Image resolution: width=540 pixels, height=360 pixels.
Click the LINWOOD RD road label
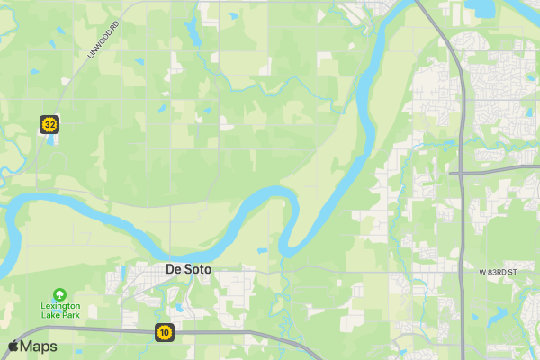[x=103, y=41]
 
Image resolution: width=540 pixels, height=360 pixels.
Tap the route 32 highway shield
[x=49, y=124]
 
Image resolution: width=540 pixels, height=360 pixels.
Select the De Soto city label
[x=189, y=269]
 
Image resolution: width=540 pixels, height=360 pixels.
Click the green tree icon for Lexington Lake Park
[x=59, y=293]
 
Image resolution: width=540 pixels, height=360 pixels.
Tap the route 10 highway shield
[x=164, y=332]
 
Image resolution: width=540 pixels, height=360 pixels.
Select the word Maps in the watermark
[x=39, y=346]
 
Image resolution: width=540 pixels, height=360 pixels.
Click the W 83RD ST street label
[x=499, y=272]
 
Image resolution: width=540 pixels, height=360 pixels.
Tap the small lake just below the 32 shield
[x=51, y=139]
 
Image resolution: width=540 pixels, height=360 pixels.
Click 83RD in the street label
[x=499, y=272]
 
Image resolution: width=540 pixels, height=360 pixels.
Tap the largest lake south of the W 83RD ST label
[x=498, y=316]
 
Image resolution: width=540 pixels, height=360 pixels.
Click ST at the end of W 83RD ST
[x=516, y=272]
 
